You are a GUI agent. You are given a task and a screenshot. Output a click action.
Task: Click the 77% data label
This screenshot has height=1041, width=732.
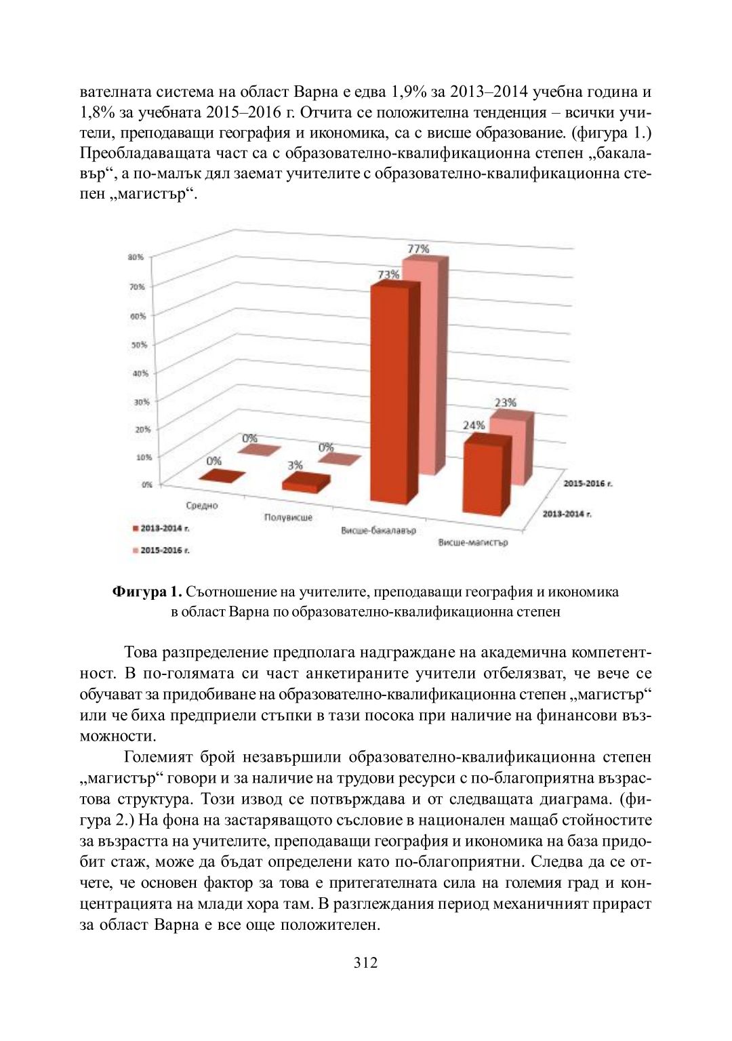tap(418, 249)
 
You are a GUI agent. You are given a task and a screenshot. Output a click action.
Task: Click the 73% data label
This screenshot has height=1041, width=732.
tap(388, 274)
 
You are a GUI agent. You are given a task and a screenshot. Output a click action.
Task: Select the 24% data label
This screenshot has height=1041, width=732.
tap(474, 425)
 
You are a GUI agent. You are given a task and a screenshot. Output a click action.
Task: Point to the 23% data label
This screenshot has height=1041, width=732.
tap(505, 403)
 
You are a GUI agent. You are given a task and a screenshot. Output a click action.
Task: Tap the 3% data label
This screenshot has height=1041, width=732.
tap(295, 466)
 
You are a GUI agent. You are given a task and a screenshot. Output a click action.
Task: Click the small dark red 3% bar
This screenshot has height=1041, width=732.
tap(305, 483)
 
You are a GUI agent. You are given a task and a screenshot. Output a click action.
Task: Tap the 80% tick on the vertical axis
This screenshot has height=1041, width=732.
tap(136, 258)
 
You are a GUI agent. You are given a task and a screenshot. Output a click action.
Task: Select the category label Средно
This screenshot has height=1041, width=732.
tap(202, 506)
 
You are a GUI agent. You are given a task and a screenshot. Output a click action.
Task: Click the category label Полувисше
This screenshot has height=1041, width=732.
tap(288, 518)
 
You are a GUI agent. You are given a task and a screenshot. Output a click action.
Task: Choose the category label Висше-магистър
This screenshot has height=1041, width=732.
tap(473, 542)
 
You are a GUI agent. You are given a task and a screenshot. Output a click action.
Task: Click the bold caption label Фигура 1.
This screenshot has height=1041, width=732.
tap(147, 592)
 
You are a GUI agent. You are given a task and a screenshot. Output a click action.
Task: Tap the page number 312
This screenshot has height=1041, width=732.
tap(365, 963)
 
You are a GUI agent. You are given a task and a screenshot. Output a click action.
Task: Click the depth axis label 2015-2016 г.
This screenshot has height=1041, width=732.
tap(588, 483)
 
